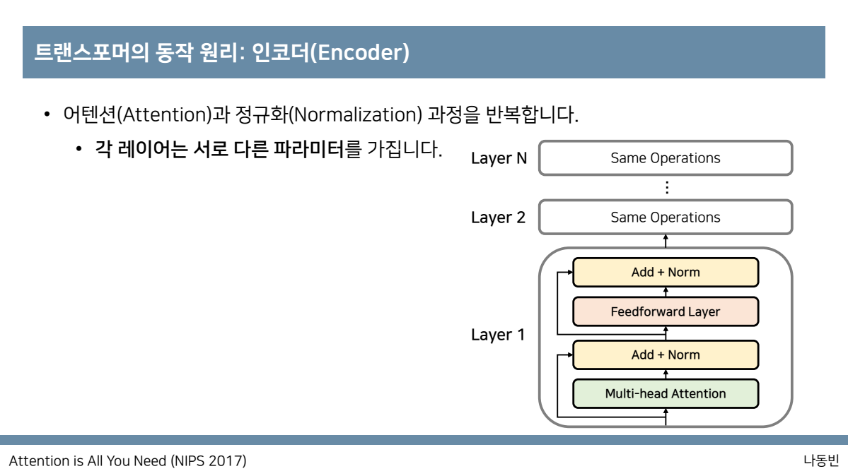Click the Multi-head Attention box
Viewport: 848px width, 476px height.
[665, 393]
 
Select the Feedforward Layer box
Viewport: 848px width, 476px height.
[665, 311]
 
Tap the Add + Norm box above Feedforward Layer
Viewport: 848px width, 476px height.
[665, 272]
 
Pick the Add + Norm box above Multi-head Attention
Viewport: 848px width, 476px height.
[665, 355]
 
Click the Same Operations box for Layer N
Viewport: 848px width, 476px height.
[665, 158]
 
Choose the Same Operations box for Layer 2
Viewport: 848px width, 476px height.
[665, 218]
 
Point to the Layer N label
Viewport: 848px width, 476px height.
[499, 158]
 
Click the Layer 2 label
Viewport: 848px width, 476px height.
[499, 218]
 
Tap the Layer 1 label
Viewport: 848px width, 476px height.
[498, 335]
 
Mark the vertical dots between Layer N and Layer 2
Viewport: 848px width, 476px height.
[666, 188]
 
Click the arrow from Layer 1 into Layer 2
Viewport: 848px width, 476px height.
[666, 241]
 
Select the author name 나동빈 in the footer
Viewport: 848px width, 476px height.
[820, 461]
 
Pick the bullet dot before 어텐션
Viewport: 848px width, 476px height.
[47, 114]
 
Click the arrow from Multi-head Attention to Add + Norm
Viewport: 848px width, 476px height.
[666, 374]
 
